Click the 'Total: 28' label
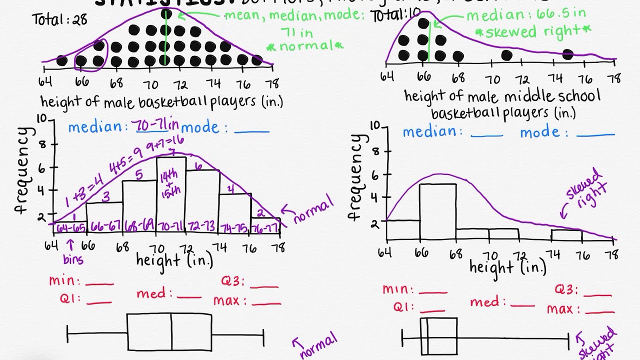[x=59, y=20]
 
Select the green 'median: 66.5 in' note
[x=526, y=15]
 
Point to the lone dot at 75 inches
[x=567, y=54]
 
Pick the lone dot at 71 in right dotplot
[x=506, y=55]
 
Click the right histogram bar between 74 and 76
[x=566, y=234]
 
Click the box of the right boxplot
[x=438, y=335]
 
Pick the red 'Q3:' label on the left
[x=233, y=282]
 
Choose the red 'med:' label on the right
[x=488, y=302]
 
